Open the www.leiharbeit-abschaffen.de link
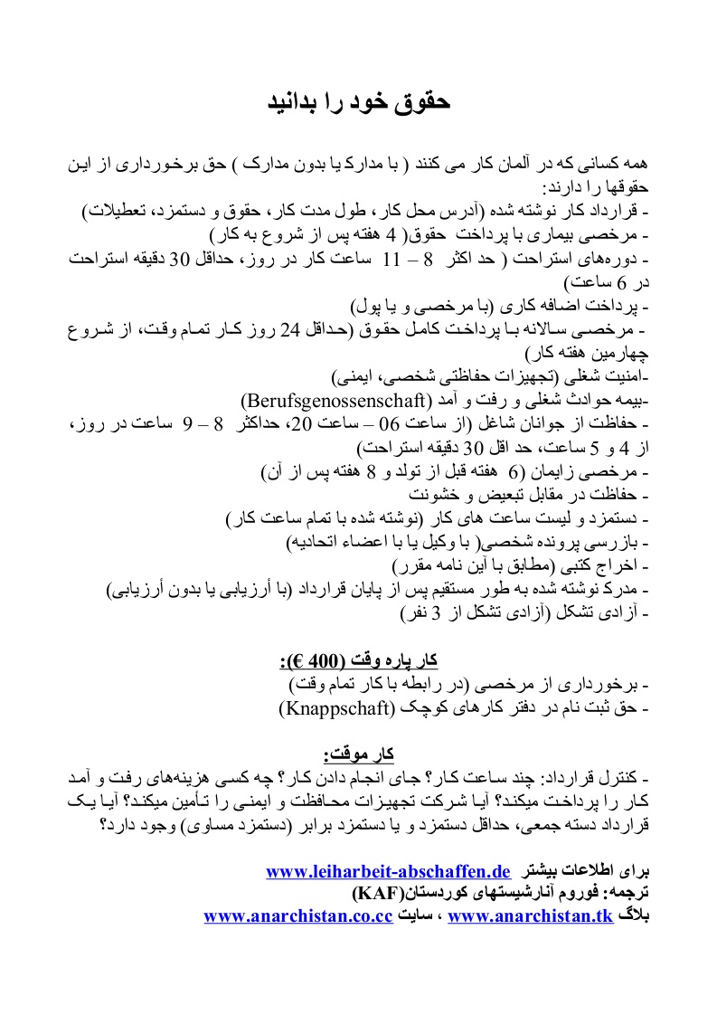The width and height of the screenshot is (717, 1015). pos(389,872)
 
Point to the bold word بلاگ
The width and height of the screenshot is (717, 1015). pos(633,915)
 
